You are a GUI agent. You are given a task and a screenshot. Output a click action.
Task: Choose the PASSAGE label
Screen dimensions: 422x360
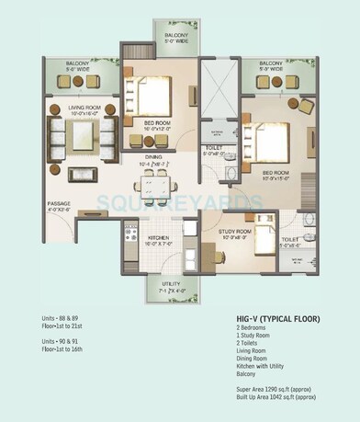[59, 204]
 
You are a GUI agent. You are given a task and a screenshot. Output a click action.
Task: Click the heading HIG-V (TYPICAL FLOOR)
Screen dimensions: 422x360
[278, 318]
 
